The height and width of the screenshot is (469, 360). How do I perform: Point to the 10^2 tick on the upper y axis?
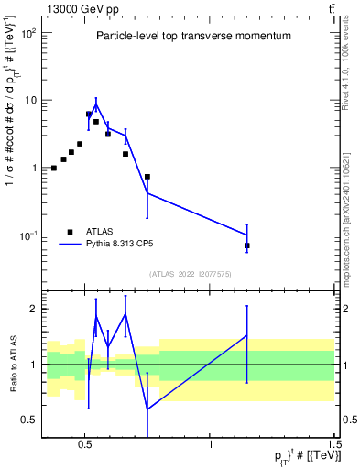pyautogui.click(x=27, y=33)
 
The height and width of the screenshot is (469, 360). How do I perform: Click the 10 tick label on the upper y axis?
pyautogui.click(x=28, y=100)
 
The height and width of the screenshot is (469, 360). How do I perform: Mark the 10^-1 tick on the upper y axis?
pyautogui.click(x=27, y=235)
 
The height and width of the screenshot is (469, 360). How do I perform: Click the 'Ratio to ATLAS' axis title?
pyautogui.click(x=12, y=365)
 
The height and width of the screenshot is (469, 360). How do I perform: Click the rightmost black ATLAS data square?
pyautogui.click(x=247, y=245)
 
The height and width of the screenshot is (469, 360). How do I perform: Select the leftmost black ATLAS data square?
pyautogui.click(x=54, y=168)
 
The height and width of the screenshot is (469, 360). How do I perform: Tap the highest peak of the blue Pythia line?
pyautogui.click(x=96, y=104)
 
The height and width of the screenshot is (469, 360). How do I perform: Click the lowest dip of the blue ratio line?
pyautogui.click(x=147, y=409)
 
